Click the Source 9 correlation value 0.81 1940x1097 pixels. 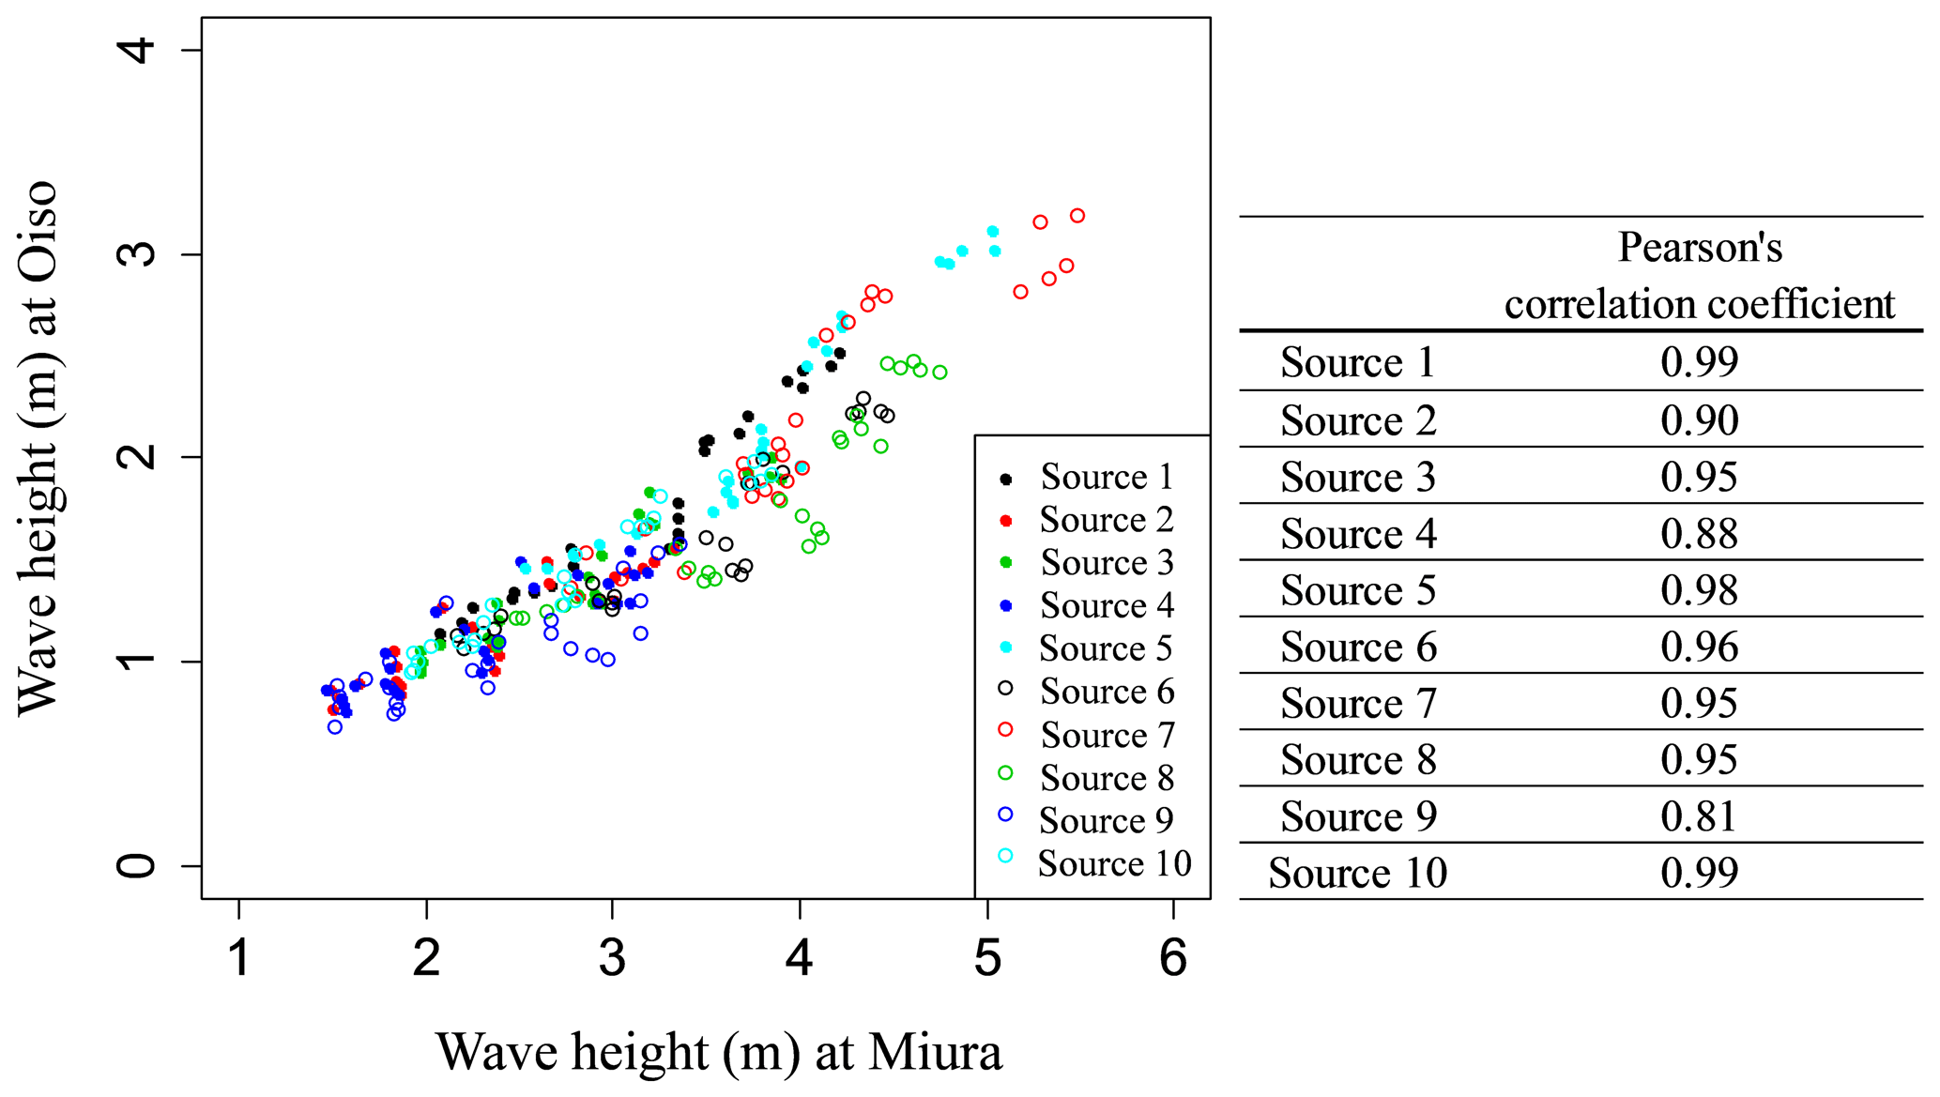coord(1699,816)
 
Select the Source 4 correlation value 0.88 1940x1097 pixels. coord(1699,534)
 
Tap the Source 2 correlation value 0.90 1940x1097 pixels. coord(1699,420)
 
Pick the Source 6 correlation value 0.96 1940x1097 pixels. coord(1699,647)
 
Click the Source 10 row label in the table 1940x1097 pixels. coord(1357,873)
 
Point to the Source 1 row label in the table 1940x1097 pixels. coord(1357,362)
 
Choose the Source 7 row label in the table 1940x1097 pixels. coord(1357,703)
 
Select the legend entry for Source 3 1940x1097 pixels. coord(1107,562)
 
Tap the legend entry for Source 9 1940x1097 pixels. coord(1106,820)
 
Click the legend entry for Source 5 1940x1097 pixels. coord(1106,648)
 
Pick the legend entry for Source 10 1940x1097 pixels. coord(1114,863)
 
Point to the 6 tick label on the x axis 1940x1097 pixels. coord(1173,958)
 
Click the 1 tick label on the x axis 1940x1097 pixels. coord(240,958)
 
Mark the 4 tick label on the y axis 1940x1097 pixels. coord(137,49)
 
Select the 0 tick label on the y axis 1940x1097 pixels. coord(137,865)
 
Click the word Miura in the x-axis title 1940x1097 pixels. coord(935,1052)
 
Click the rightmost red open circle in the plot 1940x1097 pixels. coord(1077,216)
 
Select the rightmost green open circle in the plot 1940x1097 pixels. coord(939,373)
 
